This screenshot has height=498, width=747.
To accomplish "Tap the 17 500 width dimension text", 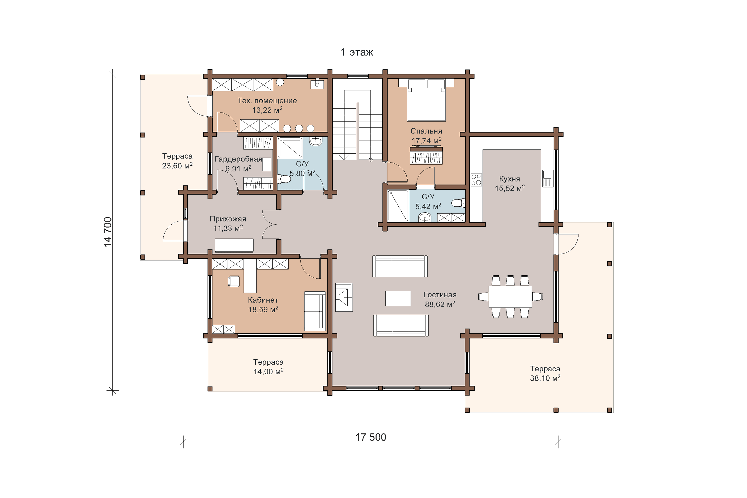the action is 371,437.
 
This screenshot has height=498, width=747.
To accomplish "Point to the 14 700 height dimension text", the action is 108,232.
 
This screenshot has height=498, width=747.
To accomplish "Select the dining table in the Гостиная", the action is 510,297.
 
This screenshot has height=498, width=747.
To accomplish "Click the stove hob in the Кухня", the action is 476,180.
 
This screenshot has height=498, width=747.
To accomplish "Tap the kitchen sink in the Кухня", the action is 548,179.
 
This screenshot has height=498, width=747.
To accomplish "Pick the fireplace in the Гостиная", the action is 344,297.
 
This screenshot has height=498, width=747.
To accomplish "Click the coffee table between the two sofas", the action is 398,299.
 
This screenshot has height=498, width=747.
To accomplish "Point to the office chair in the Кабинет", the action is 234,281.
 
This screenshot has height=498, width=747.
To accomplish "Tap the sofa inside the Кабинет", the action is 315,311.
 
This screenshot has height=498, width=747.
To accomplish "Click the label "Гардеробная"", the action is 238,159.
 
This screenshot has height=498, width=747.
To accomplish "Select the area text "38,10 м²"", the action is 545,378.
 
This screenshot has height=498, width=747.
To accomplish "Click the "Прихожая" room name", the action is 228,219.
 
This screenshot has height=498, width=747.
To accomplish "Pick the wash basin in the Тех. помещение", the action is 317,84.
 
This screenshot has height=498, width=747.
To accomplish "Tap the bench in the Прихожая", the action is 234,246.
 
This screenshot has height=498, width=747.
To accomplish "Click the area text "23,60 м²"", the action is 177,166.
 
